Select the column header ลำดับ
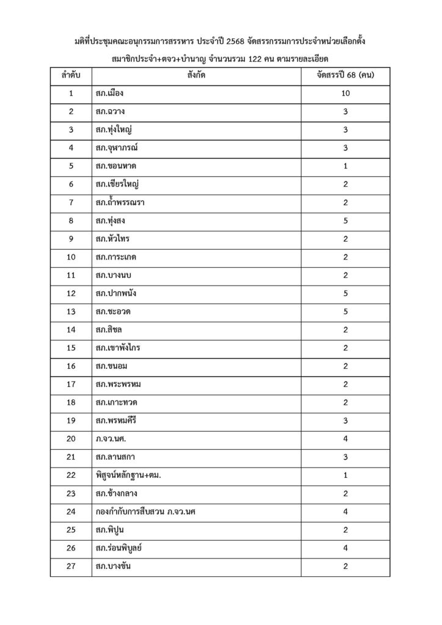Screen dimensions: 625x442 [71, 76]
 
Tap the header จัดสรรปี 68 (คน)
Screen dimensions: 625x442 [346, 76]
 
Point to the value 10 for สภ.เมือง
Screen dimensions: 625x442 [346, 93]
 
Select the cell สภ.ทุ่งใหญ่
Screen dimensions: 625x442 [115, 129]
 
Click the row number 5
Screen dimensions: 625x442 [71, 166]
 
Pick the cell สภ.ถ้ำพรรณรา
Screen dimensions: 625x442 [120, 202]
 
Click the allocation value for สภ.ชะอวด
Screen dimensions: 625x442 [346, 311]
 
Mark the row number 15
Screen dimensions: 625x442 [71, 348]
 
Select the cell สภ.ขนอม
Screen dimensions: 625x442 [111, 366]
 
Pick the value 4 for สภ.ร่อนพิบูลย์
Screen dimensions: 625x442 [346, 547]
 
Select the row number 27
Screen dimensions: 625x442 [71, 566]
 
